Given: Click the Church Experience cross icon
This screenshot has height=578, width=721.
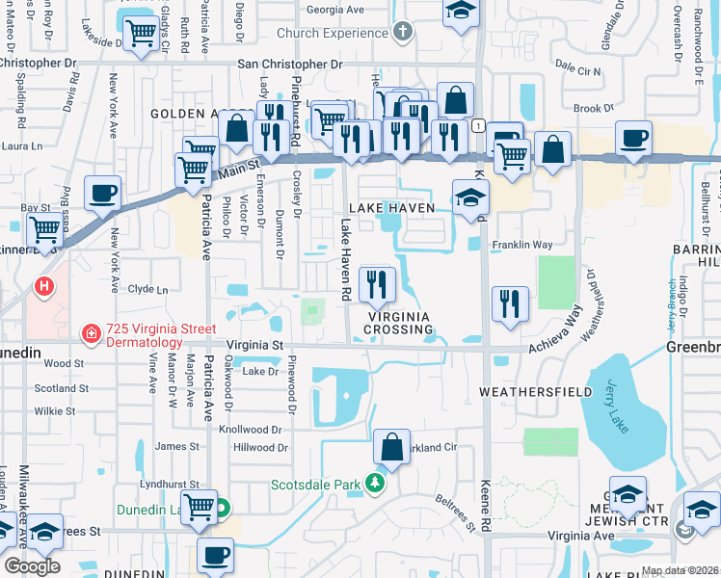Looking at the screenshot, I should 404,33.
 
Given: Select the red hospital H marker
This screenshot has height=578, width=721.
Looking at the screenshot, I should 43,286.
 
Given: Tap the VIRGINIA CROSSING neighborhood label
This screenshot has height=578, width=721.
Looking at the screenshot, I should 398,322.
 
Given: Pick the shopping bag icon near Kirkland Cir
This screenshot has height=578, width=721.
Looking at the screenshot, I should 391,447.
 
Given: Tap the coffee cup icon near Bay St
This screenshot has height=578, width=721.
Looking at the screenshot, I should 102,193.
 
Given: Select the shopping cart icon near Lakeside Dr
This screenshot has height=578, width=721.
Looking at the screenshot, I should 142,35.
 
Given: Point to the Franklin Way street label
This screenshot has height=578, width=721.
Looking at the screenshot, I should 522,245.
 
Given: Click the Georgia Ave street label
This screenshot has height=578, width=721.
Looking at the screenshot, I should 336,11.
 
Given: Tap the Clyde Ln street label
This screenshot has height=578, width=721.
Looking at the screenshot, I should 147,289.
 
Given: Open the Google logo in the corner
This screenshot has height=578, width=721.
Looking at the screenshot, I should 32,566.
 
